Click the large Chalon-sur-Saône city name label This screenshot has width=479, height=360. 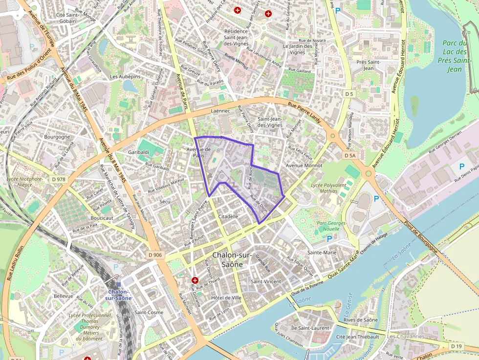pyautogui.click(x=233, y=260)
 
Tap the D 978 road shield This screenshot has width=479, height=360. pyautogui.click(x=58, y=179)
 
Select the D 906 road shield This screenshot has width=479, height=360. pyautogui.click(x=154, y=255)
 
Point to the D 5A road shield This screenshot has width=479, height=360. pyautogui.click(x=350, y=155)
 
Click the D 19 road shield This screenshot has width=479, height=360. pyautogui.click(x=456, y=346)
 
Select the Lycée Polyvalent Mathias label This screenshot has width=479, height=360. pyautogui.click(x=328, y=188)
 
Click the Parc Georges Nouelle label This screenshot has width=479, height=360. pyautogui.click(x=331, y=226)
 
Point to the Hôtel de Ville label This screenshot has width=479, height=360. pyautogui.click(x=226, y=297)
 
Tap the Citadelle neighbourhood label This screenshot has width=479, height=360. pyautogui.click(x=228, y=216)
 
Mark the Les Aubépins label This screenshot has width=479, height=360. pyautogui.click(x=125, y=77)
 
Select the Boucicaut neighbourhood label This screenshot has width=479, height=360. pyautogui.click(x=102, y=218)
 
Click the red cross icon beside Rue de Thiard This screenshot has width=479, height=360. pyautogui.click(x=195, y=280)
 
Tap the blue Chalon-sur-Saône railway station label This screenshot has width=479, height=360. pyautogui.click(x=118, y=295)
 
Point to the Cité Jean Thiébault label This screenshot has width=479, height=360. pyautogui.click(x=358, y=337)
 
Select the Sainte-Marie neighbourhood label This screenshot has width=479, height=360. pyautogui.click(x=322, y=253)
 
